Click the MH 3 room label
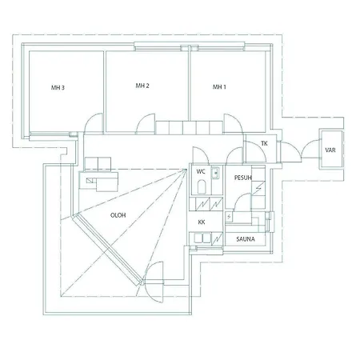[x=58, y=87]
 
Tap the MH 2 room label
[x=142, y=86]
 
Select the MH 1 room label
[x=219, y=87]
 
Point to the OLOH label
[x=118, y=215]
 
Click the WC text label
[x=201, y=171]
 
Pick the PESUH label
[x=243, y=178]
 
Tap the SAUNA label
[x=246, y=239]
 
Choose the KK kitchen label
[x=202, y=222]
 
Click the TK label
[x=264, y=144]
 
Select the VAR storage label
[x=330, y=150]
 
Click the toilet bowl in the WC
[x=202, y=186]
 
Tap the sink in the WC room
[x=215, y=173]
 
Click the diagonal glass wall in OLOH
[x=107, y=249]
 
